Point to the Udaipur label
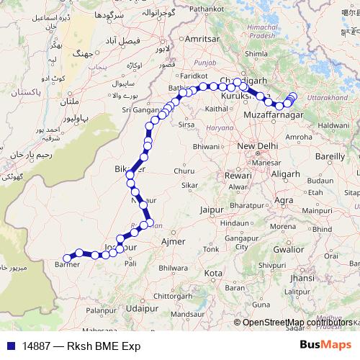tap(141, 307)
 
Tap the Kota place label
tap(212, 274)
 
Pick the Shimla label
tap(256, 53)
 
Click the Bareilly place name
tap(330, 156)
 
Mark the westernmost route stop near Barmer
tap(66, 258)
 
